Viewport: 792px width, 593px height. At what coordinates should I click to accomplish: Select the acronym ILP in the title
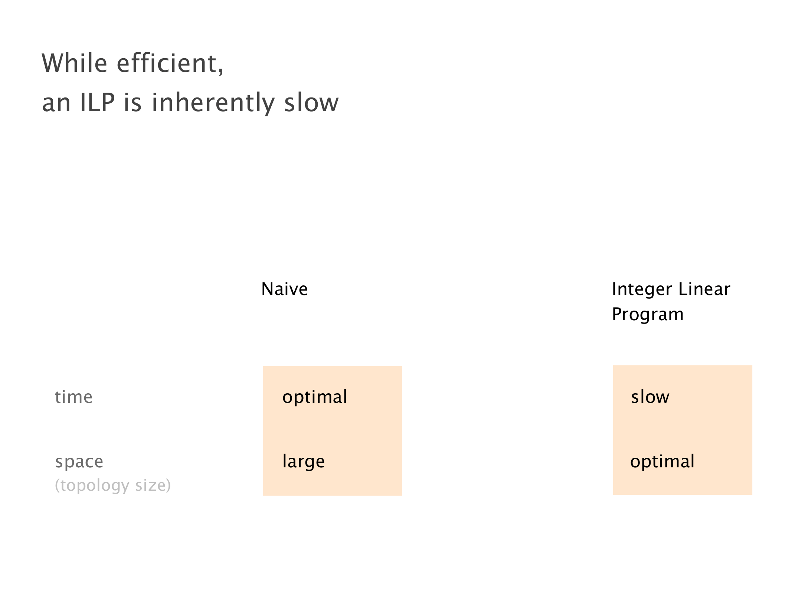97,102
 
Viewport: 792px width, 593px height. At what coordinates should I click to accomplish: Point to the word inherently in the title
213,103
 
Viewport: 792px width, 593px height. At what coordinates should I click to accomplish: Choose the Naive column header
284,289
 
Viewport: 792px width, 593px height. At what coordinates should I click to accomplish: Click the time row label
73,397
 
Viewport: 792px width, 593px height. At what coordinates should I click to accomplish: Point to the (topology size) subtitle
113,486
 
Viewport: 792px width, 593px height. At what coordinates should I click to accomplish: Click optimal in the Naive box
315,397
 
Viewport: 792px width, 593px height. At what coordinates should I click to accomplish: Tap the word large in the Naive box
304,462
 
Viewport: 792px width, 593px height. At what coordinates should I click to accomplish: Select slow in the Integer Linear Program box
650,397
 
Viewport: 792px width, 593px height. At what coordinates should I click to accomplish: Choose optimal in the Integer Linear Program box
662,462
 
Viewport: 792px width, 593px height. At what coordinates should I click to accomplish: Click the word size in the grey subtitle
150,485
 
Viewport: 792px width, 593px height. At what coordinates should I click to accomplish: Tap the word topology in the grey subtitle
95,486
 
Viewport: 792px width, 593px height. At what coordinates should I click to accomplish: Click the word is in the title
133,102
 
